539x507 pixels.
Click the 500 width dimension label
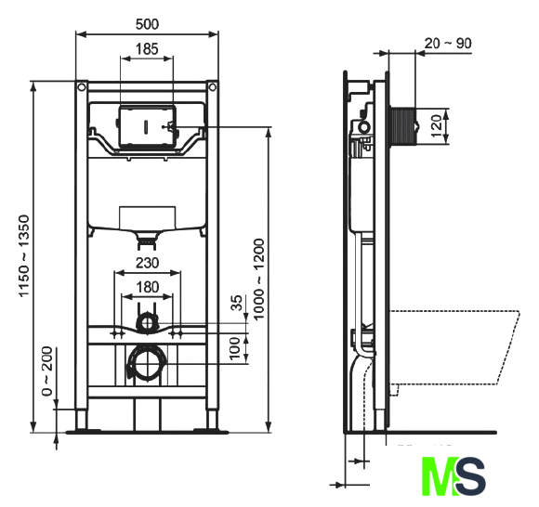coord(147,24)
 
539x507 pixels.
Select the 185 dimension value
coord(147,49)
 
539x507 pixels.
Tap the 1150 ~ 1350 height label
coord(24,256)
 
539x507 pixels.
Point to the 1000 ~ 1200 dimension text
coord(258,279)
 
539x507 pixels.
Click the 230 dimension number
coord(148,263)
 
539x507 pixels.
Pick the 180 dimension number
coord(148,287)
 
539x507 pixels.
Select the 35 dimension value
coord(236,303)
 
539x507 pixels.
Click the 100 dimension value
coord(235,348)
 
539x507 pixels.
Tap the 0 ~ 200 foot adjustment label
coord(46,371)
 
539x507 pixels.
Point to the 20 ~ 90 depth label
coord(448,44)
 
